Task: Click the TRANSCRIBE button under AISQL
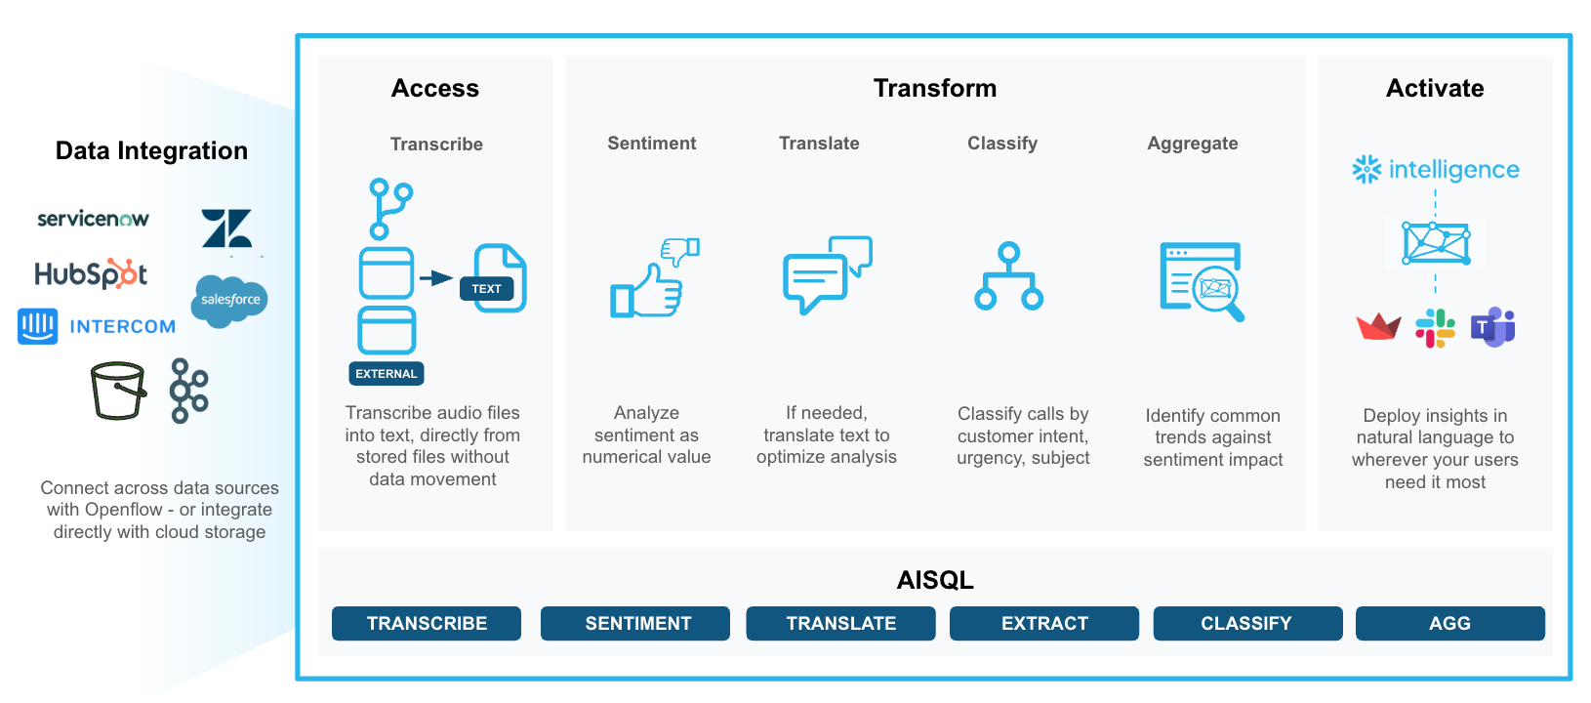pos(427,624)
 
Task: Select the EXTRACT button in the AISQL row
pos(1044,624)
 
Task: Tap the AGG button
pos(1449,624)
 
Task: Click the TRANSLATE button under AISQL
pos(840,624)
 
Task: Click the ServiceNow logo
pos(93,219)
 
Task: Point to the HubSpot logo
pos(91,274)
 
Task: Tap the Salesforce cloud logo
pos(230,300)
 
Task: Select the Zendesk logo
pos(226,228)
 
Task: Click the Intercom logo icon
pos(38,326)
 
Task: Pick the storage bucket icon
pos(118,391)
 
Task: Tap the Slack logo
pos(1435,328)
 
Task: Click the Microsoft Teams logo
pos(1493,327)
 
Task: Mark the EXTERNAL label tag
pos(387,374)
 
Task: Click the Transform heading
pos(935,89)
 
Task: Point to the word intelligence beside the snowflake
pos(1453,170)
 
